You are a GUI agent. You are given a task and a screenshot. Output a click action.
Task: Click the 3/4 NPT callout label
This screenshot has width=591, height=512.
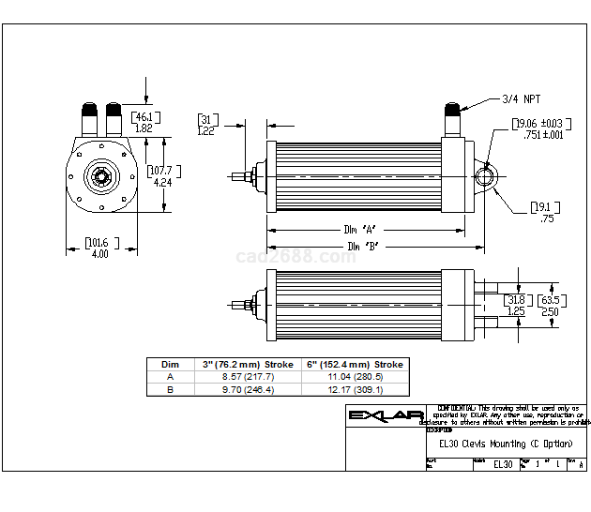click(x=522, y=98)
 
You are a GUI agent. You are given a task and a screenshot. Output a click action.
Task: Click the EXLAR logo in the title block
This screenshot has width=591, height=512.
click(x=385, y=415)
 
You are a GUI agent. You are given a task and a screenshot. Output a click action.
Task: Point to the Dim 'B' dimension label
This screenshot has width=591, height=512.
click(x=364, y=247)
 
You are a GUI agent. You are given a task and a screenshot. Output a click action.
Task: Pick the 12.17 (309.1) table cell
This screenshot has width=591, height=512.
click(x=355, y=388)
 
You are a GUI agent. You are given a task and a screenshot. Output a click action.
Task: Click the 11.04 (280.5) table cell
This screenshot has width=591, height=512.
click(x=355, y=376)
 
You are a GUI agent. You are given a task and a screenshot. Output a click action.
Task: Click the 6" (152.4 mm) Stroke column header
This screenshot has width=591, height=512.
click(x=355, y=364)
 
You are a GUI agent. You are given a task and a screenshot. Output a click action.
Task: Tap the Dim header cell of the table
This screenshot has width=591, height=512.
click(x=170, y=364)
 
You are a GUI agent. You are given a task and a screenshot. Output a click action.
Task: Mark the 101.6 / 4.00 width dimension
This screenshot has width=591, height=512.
click(x=98, y=248)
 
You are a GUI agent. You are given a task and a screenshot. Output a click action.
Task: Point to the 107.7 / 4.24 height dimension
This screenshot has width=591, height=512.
click(x=162, y=176)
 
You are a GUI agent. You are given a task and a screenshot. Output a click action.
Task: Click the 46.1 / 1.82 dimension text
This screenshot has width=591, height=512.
click(x=144, y=123)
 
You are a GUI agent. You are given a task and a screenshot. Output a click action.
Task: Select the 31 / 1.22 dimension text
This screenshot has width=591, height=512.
click(x=206, y=126)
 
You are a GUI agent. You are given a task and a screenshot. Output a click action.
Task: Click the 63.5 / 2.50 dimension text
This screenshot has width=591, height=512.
click(x=550, y=306)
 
